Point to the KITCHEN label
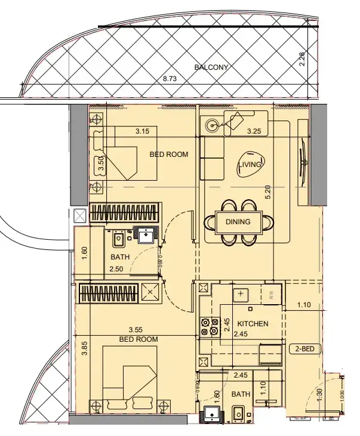(x=253, y=324)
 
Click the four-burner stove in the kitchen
(x=210, y=326)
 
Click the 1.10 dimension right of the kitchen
(x=304, y=305)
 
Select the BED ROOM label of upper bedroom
(x=168, y=154)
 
